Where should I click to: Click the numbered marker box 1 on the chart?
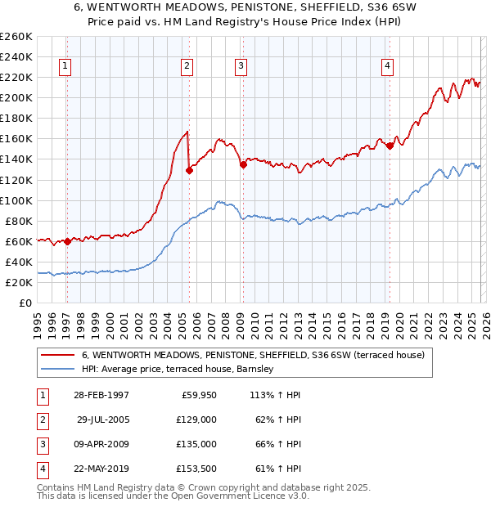click(65, 67)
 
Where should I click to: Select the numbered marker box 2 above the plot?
click(187, 67)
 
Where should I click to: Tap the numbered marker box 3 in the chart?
click(241, 67)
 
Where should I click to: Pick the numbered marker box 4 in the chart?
click(387, 67)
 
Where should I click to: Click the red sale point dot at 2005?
click(189, 170)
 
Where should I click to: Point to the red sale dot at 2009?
click(243, 164)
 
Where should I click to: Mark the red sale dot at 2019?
click(390, 146)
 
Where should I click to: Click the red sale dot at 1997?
click(67, 241)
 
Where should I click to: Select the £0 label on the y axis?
click(24, 303)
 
